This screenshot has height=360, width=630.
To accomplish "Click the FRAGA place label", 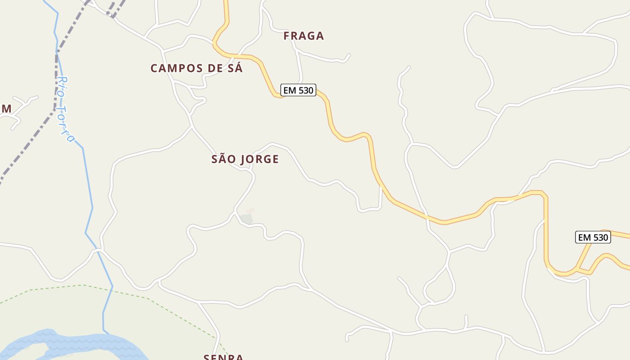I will pos(304,36).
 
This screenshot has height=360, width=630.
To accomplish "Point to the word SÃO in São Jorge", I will pos(224,159).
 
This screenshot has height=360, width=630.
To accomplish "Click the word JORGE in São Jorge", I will pos(260,159).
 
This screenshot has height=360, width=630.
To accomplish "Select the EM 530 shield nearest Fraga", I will pos(298,90).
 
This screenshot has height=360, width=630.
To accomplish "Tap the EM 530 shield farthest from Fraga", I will pos(593,237).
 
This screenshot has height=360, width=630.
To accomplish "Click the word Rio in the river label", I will pos(62,86).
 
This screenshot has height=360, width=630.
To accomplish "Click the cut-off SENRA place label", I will pos(223,357).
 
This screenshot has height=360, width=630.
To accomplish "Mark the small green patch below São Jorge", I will pos(246,219).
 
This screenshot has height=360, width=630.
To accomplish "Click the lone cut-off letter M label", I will pos(6,109).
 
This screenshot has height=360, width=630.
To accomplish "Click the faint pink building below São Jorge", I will pos(250,210).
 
